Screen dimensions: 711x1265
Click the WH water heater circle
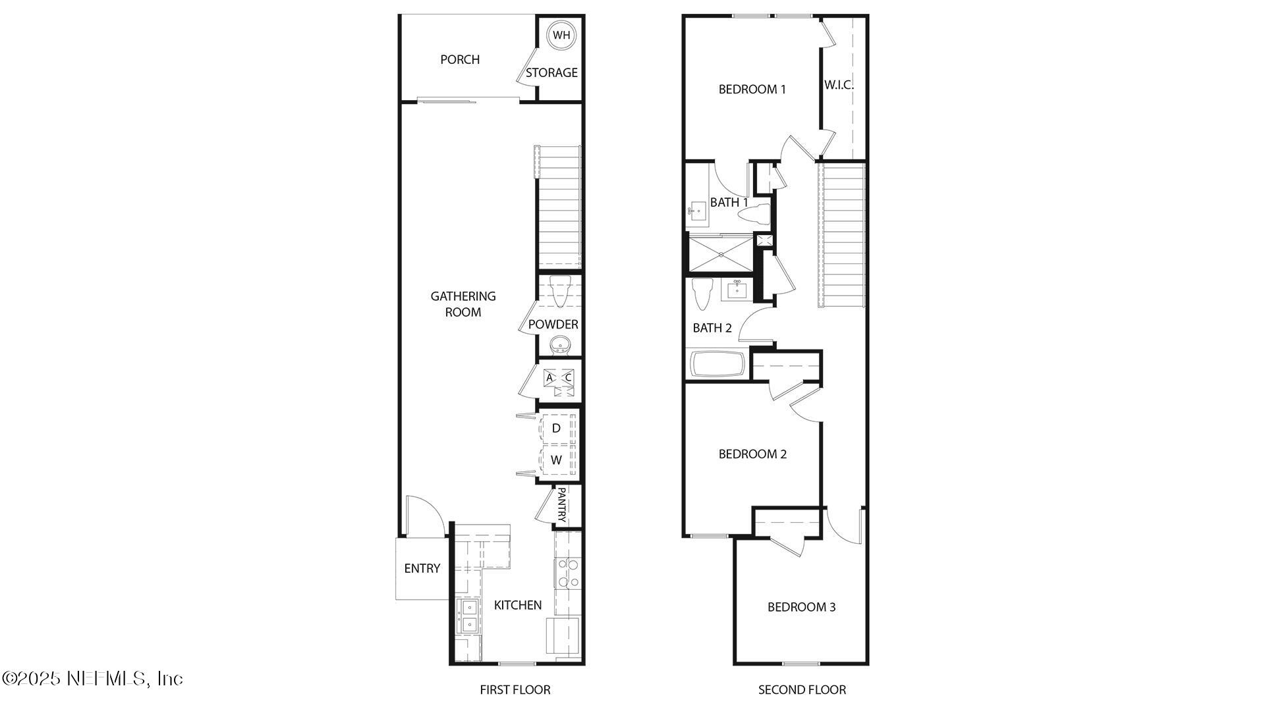coord(561,36)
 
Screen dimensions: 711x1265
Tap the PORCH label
coord(460,60)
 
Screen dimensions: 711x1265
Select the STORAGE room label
coord(551,73)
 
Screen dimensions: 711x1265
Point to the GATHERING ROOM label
coord(463,304)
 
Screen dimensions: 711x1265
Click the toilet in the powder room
coord(560,292)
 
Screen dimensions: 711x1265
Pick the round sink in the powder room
coord(561,344)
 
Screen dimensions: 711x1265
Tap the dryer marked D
coord(557,429)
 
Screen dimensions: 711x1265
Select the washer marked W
coord(557,460)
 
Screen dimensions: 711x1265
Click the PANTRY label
coord(562,505)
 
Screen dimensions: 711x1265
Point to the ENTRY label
coord(422,569)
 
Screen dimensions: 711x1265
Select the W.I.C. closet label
coord(839,85)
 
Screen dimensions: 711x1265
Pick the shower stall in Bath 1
coord(720,254)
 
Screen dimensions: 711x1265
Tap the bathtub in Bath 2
coord(717,365)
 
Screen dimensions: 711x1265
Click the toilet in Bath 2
coord(702,294)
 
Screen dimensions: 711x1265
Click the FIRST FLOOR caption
coord(515,690)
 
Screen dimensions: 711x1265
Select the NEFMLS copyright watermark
coord(92,678)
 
